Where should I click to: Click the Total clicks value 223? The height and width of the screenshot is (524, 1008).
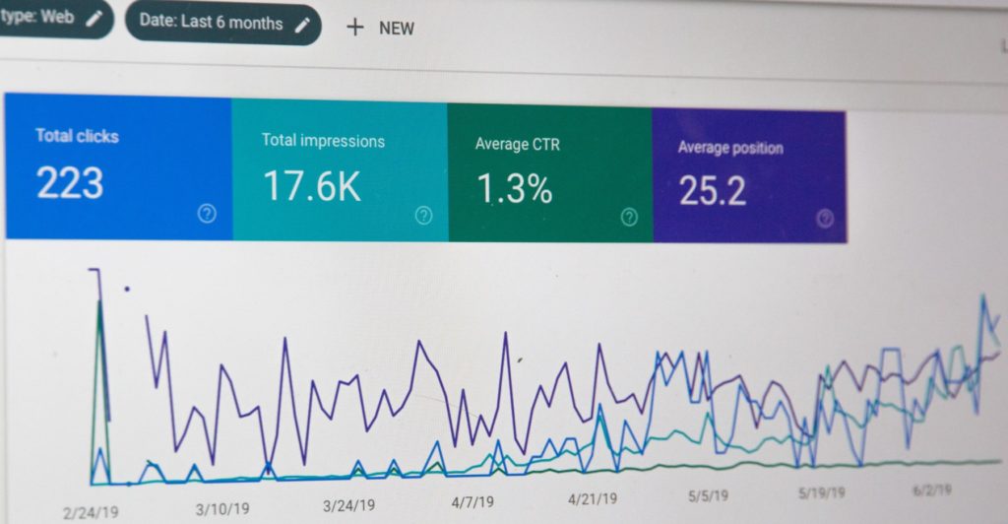coord(69,183)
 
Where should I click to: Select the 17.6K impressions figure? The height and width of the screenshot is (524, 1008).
coord(312,186)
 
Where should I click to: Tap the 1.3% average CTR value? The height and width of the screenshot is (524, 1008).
coord(513,189)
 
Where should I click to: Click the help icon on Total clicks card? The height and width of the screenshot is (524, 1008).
coord(207,214)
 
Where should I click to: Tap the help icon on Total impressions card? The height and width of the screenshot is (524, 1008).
coord(423,216)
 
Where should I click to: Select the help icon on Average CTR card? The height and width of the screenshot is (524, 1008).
coord(629,218)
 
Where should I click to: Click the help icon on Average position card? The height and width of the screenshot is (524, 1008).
coord(826,219)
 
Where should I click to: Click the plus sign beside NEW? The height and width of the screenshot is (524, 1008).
coord(354,27)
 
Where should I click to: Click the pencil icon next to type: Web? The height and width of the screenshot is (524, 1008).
coord(94,19)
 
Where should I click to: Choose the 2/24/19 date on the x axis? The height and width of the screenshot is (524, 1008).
coord(91,512)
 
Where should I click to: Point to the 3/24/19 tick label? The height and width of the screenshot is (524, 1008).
coord(350,506)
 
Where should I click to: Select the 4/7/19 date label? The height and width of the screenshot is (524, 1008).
coord(473,502)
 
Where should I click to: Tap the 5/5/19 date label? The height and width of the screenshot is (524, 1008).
coord(708,495)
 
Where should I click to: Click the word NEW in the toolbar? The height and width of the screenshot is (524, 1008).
coord(397,29)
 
